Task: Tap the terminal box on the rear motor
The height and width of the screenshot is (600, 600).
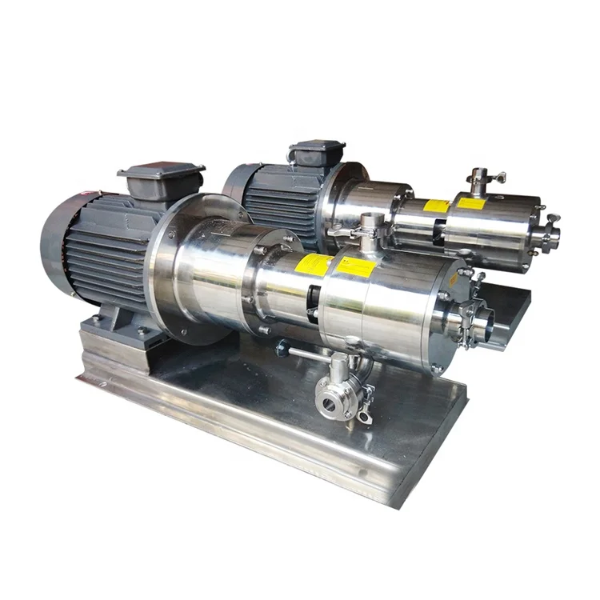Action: tap(317, 151)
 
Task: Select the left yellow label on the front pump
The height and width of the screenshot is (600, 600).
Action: tap(313, 265)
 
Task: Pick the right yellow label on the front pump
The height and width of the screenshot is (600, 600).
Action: tap(356, 267)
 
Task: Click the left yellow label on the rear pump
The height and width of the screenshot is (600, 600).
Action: tap(436, 206)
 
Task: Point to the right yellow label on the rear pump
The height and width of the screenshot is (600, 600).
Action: tap(470, 203)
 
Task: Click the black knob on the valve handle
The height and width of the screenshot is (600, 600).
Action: tap(281, 348)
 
